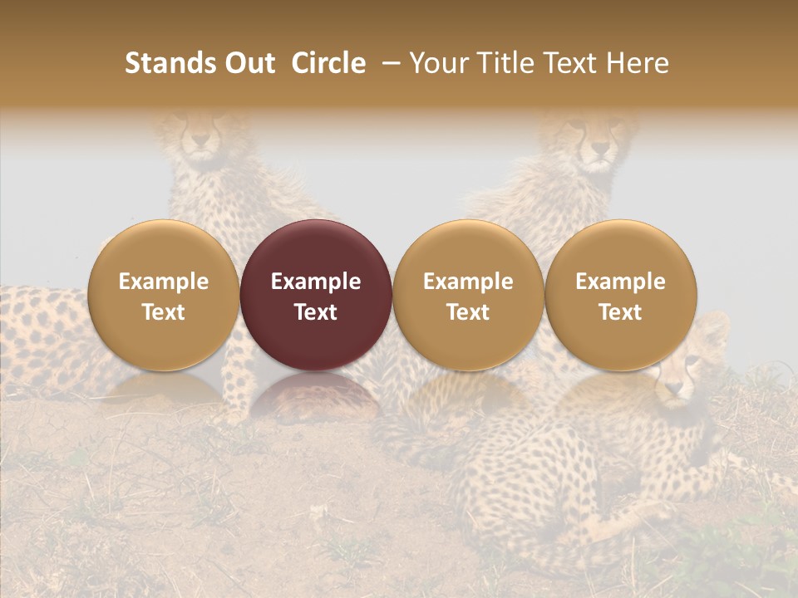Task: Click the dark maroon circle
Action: click(316, 295)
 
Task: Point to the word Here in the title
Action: click(638, 63)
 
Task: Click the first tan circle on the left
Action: click(163, 295)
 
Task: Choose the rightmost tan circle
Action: click(620, 295)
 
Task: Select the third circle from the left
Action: click(468, 295)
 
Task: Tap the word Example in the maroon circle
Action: click(316, 282)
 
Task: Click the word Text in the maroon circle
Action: click(316, 312)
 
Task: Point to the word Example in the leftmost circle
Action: click(163, 282)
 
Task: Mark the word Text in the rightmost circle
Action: click(620, 312)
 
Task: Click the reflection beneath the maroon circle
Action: click(316, 395)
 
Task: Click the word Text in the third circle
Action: click(468, 312)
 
